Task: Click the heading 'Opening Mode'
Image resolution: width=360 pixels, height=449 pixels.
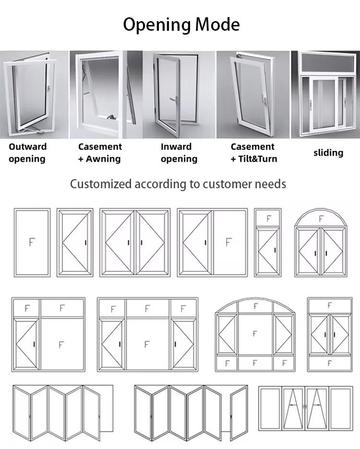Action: pyautogui.click(x=181, y=24)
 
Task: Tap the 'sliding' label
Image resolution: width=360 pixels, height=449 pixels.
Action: pyautogui.click(x=328, y=153)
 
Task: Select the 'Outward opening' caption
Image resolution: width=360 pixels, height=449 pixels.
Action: pyautogui.click(x=27, y=153)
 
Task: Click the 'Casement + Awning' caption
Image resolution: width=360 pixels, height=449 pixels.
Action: pyautogui.click(x=100, y=153)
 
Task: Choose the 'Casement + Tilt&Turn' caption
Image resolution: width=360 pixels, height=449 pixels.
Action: pyautogui.click(x=253, y=153)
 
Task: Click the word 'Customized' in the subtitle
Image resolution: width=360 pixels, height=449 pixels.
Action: pyautogui.click(x=101, y=184)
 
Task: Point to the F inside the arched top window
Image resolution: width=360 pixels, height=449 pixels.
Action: pyautogui.click(x=321, y=218)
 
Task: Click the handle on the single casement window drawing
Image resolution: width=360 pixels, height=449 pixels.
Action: pyautogui.click(x=85, y=243)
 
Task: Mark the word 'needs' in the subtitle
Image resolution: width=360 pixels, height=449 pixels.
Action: pyautogui.click(x=271, y=184)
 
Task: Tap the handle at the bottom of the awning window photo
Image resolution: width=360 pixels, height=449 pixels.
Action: pyautogui.click(x=112, y=117)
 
